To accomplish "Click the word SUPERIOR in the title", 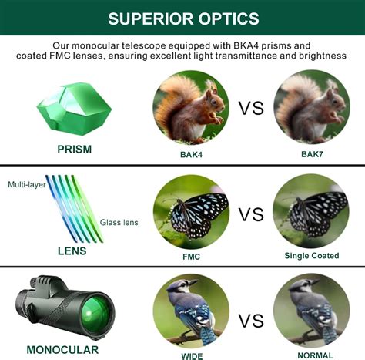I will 148,18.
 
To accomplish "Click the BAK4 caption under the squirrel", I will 189,153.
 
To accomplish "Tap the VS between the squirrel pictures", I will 250,108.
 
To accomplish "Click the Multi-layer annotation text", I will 28,185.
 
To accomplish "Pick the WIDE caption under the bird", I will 191,355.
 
